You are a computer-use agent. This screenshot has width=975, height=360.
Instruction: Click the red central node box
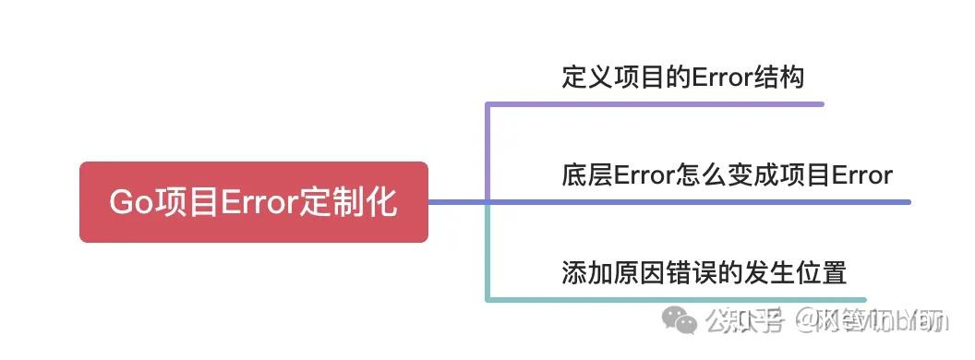click(x=253, y=201)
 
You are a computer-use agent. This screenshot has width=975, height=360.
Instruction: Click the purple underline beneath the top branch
click(x=656, y=104)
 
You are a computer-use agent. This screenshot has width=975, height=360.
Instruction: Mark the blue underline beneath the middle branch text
click(x=702, y=202)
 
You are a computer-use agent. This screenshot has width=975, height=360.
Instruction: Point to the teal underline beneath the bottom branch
click(x=674, y=300)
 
